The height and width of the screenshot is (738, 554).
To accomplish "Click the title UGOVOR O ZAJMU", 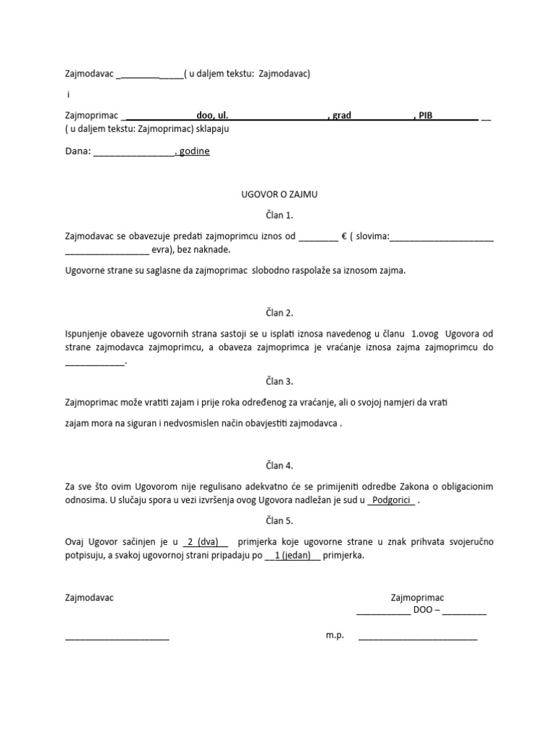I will tap(278, 195).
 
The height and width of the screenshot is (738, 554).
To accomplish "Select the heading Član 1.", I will tap(278, 215).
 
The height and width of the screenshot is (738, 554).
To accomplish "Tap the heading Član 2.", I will tap(278, 313).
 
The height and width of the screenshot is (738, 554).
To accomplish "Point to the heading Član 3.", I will tap(278, 381).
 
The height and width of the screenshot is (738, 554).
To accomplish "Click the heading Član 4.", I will tap(278, 466).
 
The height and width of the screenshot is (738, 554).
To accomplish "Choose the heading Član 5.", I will tap(278, 520).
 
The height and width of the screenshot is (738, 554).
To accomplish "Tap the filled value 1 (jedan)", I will tap(292, 556).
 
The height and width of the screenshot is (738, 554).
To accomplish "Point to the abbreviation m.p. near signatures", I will tap(335, 636).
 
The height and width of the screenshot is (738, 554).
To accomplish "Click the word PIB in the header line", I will tap(426, 115).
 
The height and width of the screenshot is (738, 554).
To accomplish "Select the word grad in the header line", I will tap(342, 115).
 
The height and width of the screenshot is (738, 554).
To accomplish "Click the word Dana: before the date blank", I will tap(78, 152).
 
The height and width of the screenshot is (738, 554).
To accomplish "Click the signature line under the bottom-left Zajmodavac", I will tap(117, 638).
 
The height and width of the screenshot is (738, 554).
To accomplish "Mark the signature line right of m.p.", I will tap(418, 638).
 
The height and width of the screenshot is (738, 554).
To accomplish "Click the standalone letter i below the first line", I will tap(69, 94).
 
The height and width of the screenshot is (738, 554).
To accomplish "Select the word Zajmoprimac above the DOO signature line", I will tap(417, 597).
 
